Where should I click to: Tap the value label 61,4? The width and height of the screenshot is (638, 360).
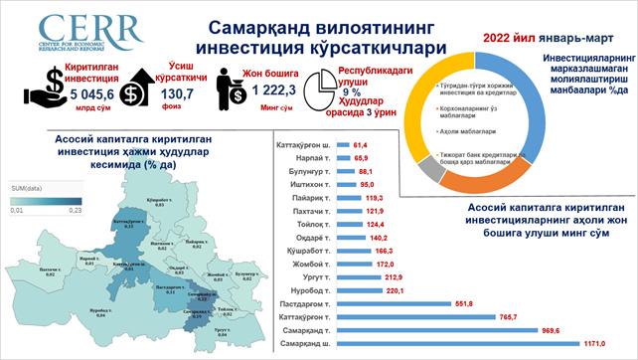point(361,145)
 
